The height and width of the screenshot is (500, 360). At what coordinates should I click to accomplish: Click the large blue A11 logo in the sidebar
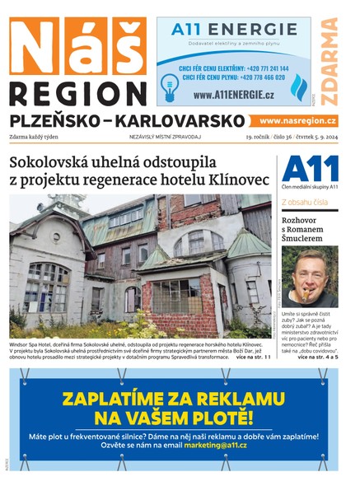[x=310, y=169]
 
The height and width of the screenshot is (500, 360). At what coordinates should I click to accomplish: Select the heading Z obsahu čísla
[x=305, y=201]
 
